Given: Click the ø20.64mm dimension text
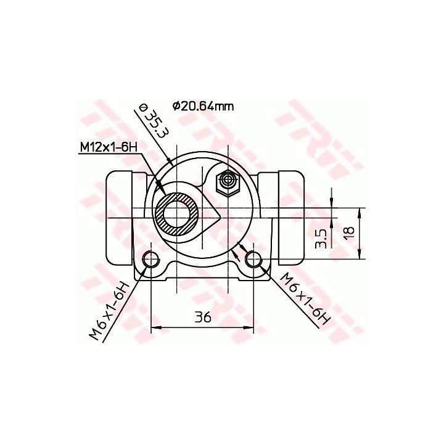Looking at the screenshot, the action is [203, 106].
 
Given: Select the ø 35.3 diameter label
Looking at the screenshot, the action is [153, 121].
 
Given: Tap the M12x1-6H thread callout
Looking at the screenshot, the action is [109, 147].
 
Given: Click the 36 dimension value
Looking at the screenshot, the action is [203, 317].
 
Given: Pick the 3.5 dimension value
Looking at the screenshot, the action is [321, 239].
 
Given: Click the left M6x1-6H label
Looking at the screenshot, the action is [109, 311].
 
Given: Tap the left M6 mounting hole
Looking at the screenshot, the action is [150, 258].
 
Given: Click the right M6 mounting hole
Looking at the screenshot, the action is [253, 258].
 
